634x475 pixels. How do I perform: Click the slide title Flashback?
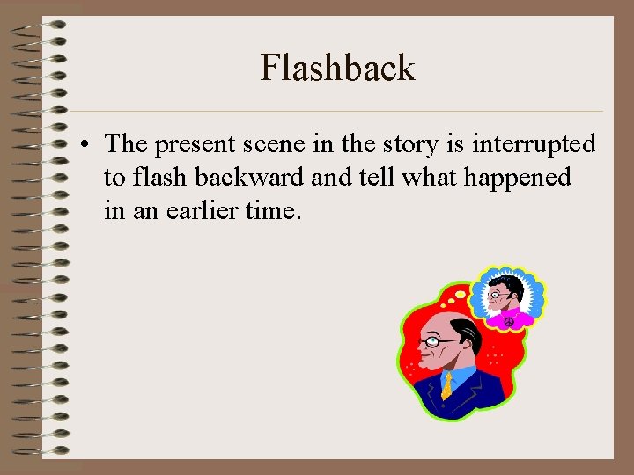[337, 68]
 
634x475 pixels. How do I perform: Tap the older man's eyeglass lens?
[433, 341]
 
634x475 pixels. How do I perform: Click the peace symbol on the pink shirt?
[508, 323]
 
